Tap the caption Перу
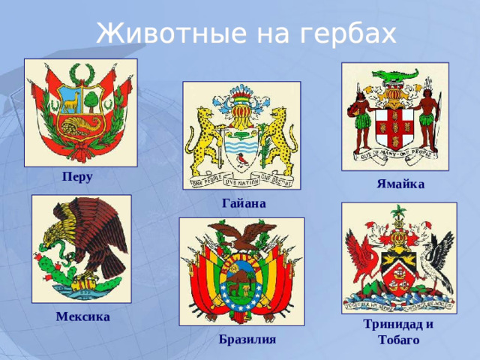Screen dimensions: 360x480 coord(78,177)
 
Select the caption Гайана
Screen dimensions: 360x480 coord(244,203)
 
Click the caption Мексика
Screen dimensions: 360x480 coord(82,316)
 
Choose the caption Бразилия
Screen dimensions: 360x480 coord(247,339)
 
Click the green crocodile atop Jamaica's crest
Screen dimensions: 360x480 coord(394,75)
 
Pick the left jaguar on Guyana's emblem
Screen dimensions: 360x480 coord(205,139)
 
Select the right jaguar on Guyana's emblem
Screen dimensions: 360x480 coord(279,139)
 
